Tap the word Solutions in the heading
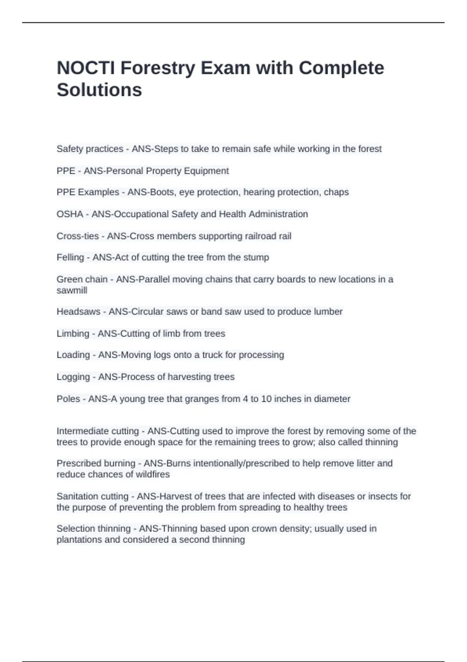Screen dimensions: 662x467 click(99, 90)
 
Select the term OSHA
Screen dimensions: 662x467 click(70, 214)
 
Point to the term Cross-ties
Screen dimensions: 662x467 click(77, 236)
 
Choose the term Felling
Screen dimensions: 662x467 click(70, 257)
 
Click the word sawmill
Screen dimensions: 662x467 click(72, 291)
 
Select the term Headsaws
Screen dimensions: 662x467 click(78, 312)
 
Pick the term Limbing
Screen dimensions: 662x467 click(73, 334)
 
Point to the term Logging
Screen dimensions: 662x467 click(73, 377)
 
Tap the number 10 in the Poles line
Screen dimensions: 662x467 click(266, 399)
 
